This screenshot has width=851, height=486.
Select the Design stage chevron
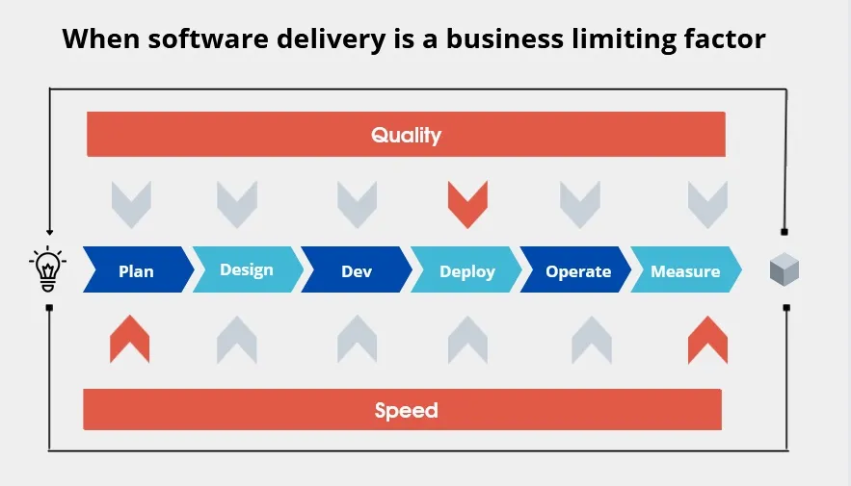[x=248, y=269]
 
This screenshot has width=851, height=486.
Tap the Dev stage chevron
[x=357, y=269]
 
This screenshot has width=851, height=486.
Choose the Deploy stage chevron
[x=466, y=269]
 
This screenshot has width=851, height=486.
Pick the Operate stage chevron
[x=575, y=269]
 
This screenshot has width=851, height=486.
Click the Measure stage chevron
[x=686, y=269]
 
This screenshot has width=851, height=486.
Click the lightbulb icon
[x=48, y=269]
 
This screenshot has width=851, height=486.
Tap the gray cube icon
[x=785, y=269]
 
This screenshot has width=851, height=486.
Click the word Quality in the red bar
[x=406, y=136]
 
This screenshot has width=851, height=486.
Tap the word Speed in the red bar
[x=406, y=411]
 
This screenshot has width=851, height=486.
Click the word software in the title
[x=208, y=39]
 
